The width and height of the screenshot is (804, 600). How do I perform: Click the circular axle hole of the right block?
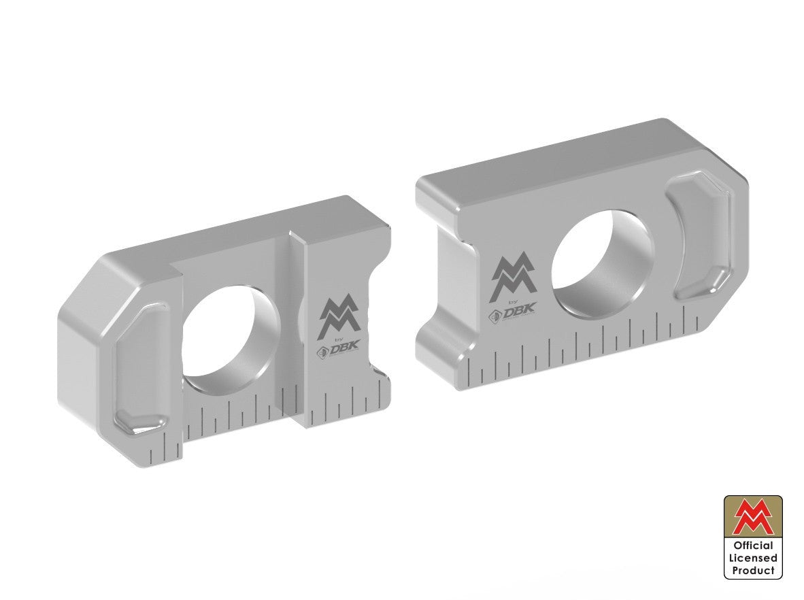coord(602,262)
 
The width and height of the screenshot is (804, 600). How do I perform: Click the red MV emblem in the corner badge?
coord(753,518)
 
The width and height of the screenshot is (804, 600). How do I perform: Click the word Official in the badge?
coord(753,546)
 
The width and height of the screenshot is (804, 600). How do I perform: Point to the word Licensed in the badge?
coord(753,558)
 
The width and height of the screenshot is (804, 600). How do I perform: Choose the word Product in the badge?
coord(753,571)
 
